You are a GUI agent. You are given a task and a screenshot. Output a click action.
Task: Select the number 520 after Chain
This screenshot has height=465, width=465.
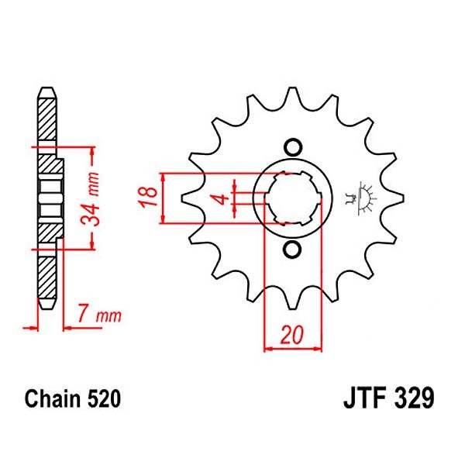pos(102,400)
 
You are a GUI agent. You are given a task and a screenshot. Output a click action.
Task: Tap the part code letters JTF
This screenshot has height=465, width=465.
pos(365,400)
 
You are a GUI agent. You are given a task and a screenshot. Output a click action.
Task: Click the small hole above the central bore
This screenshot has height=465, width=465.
pos(293,146)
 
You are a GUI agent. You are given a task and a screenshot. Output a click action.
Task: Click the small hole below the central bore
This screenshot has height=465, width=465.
pos(293,250)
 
